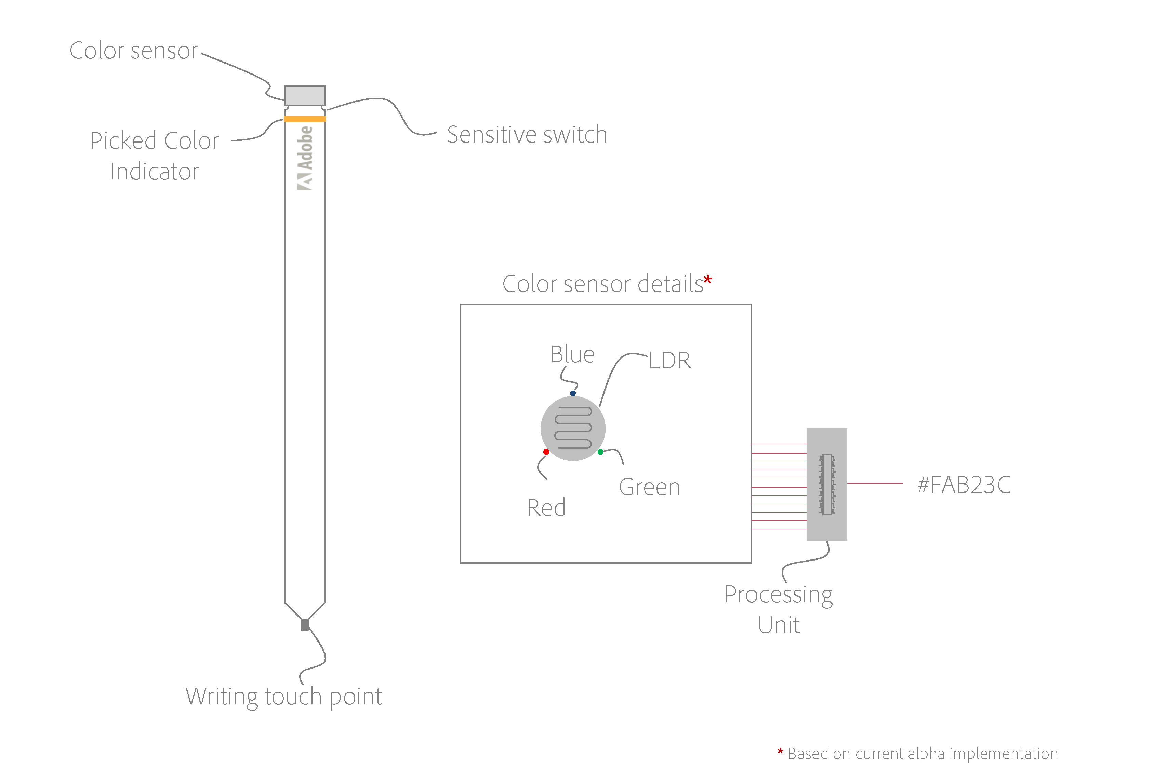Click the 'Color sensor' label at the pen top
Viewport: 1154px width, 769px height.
point(133,51)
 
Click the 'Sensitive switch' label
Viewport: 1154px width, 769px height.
point(527,135)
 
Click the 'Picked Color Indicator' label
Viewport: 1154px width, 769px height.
point(154,156)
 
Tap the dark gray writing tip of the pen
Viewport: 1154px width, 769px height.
point(305,625)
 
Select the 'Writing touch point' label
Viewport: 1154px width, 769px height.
point(283,697)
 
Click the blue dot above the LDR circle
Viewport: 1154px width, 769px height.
point(573,393)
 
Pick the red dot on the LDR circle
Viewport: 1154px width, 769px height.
point(546,452)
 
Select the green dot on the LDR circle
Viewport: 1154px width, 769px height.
point(600,452)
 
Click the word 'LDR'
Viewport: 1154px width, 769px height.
point(670,361)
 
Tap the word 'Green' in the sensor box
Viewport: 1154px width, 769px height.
point(649,487)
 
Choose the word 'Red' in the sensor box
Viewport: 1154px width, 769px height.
point(546,508)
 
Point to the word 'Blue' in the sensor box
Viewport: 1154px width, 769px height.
point(572,354)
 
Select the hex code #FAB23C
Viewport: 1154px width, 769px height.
point(964,485)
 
